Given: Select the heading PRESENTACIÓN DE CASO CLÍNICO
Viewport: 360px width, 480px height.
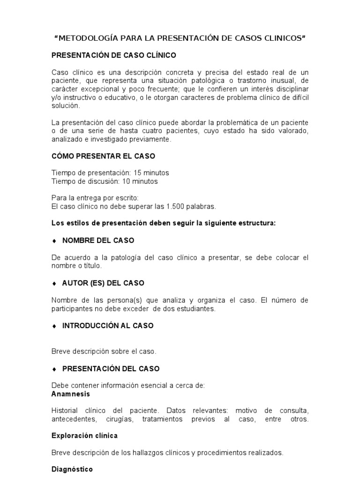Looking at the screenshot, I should [113, 55].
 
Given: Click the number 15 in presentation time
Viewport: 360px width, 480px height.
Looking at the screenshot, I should [138, 172].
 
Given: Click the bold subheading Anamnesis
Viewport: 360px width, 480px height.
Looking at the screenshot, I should [70, 394].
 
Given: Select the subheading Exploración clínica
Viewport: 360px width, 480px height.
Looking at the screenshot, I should [84, 435].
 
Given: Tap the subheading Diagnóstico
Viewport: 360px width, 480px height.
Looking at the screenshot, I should [72, 469].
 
